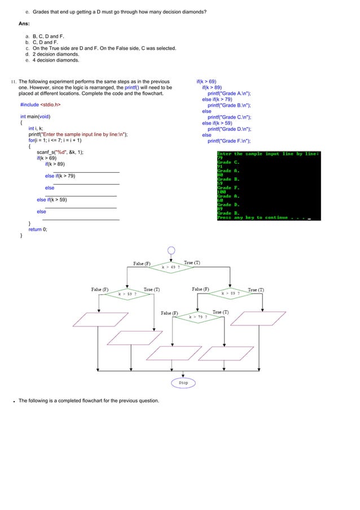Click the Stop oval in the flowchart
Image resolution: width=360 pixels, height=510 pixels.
(x=183, y=382)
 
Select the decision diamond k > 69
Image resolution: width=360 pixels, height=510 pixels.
(x=171, y=267)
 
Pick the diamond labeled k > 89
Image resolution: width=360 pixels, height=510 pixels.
(x=230, y=294)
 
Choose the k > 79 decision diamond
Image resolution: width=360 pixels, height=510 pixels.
(x=197, y=317)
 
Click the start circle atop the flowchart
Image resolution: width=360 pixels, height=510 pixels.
(x=171, y=251)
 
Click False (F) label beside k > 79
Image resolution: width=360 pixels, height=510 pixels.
(x=169, y=313)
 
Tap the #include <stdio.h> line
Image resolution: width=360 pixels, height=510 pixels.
(x=41, y=104)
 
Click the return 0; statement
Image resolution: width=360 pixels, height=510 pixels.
(x=38, y=229)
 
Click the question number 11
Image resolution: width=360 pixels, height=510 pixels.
(x=14, y=81)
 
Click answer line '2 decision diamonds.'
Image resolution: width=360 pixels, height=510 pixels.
(x=56, y=54)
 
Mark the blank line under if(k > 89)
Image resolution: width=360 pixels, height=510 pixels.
(x=86, y=171)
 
